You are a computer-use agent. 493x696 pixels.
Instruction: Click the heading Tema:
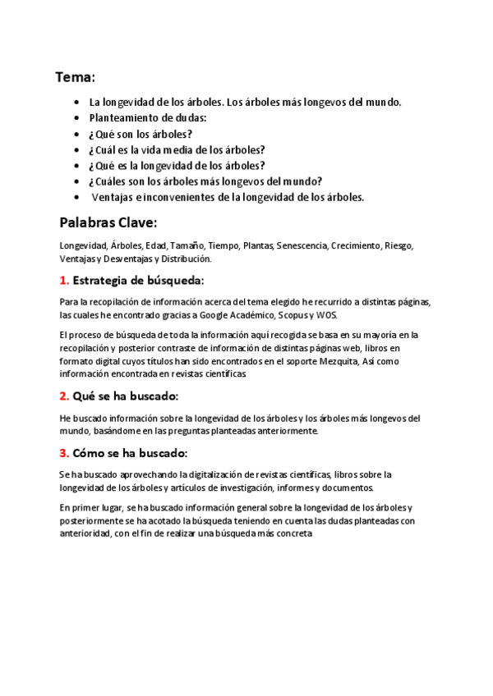pos(75,78)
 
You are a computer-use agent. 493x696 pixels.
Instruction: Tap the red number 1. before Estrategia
pos(64,280)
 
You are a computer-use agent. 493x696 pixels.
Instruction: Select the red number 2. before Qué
pos(64,396)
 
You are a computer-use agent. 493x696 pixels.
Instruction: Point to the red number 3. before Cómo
pos(64,452)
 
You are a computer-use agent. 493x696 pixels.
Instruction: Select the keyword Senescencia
pos(302,245)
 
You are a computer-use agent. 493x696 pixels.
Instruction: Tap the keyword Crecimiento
pos(358,245)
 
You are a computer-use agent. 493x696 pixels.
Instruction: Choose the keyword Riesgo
pos(400,245)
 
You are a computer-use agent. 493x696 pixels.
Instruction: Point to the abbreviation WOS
pos(325,315)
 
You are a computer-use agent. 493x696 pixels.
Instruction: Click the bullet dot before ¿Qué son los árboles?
pos(76,134)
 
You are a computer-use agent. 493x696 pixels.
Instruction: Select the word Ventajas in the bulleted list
pos(113,197)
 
